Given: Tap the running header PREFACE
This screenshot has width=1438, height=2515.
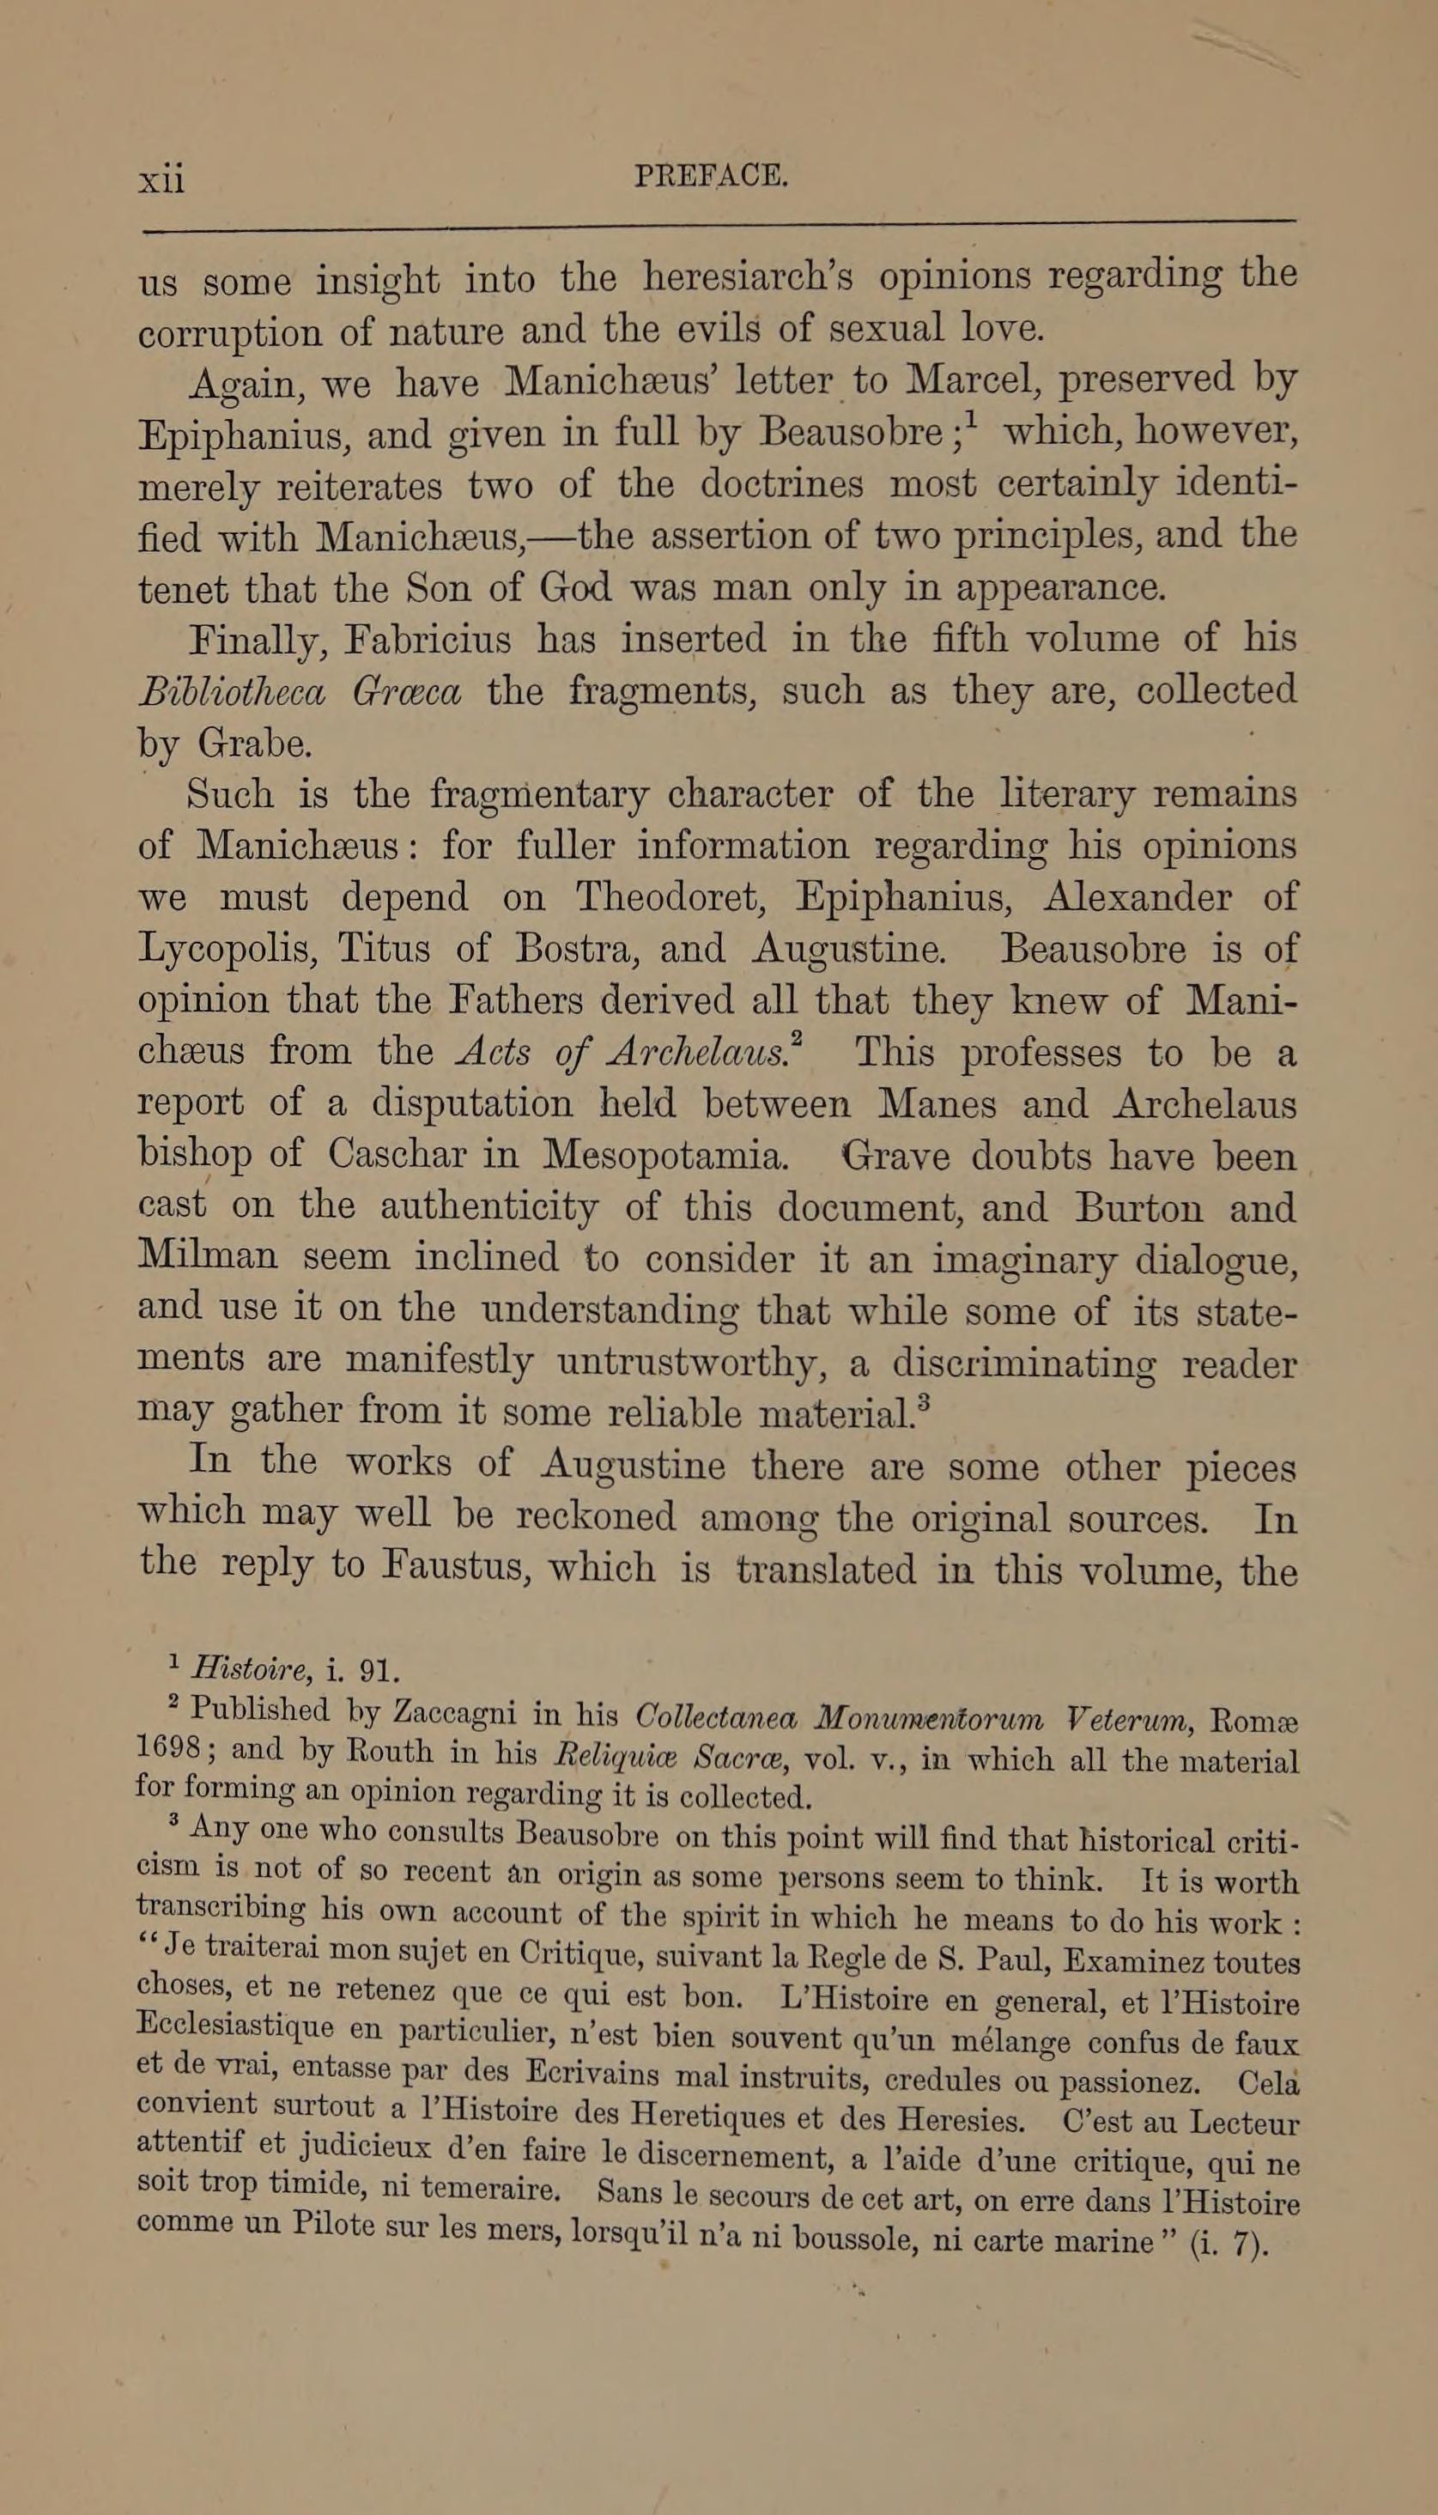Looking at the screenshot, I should (711, 176).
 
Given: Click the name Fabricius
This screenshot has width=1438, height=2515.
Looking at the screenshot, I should (428, 639).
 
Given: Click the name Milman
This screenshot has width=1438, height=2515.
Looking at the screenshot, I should (209, 1256).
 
